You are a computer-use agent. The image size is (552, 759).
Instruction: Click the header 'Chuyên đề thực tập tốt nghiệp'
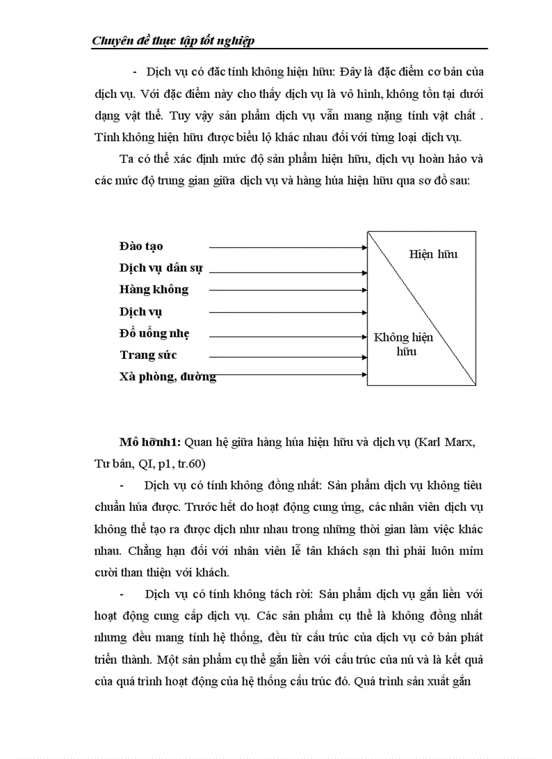(x=172, y=41)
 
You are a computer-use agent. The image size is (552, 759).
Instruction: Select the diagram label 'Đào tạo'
(x=141, y=246)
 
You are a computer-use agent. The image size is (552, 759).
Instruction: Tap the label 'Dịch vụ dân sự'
(x=160, y=268)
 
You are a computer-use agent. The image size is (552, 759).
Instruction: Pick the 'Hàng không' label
(x=154, y=289)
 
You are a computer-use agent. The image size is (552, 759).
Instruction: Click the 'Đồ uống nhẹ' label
(x=154, y=333)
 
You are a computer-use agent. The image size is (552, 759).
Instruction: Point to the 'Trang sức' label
(x=148, y=355)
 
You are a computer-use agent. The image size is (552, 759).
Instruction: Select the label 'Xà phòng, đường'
(x=167, y=377)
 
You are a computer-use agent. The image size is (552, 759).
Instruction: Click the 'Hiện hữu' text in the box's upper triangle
(x=433, y=254)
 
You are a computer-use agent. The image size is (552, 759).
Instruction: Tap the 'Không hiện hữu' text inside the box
(x=403, y=344)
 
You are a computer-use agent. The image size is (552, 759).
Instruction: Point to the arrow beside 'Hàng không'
(x=287, y=291)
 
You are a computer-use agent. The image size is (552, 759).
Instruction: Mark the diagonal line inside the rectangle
(x=421, y=308)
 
